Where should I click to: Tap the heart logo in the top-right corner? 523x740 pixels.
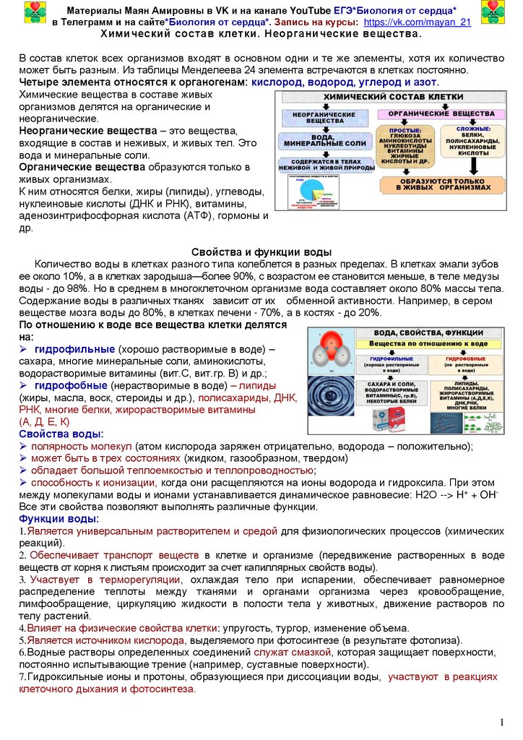488,12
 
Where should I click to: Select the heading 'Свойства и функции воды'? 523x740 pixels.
261,251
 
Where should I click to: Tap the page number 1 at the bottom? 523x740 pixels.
502,723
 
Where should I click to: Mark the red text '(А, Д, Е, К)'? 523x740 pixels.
44,421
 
